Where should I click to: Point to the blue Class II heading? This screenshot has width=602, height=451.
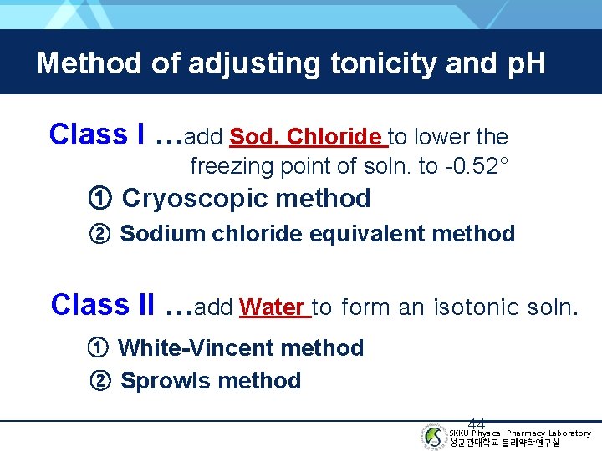tap(102, 305)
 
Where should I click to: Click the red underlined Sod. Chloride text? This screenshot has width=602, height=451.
tap(306, 136)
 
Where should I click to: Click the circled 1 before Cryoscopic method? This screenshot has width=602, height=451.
tap(99, 199)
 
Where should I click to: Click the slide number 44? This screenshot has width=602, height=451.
tap(477, 423)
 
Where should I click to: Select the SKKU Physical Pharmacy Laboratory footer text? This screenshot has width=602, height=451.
tap(519, 433)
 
